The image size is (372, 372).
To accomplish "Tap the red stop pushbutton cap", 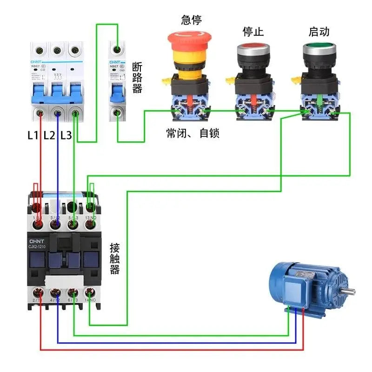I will coord(253,49).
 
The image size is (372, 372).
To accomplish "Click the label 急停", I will coord(192,20).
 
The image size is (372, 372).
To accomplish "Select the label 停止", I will coord(253,32).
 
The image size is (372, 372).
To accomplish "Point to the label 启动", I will coord(319,32).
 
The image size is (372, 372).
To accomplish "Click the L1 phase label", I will coord(33,136).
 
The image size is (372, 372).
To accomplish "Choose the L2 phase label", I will coord(49,136).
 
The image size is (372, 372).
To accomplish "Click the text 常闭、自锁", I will coord(193,133).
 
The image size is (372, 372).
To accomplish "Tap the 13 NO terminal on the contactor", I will coord(91,225).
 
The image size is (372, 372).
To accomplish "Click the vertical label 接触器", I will coord(115,259).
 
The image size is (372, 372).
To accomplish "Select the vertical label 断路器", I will coord(137,78).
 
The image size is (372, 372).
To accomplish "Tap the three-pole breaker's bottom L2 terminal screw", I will coord(58,113).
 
